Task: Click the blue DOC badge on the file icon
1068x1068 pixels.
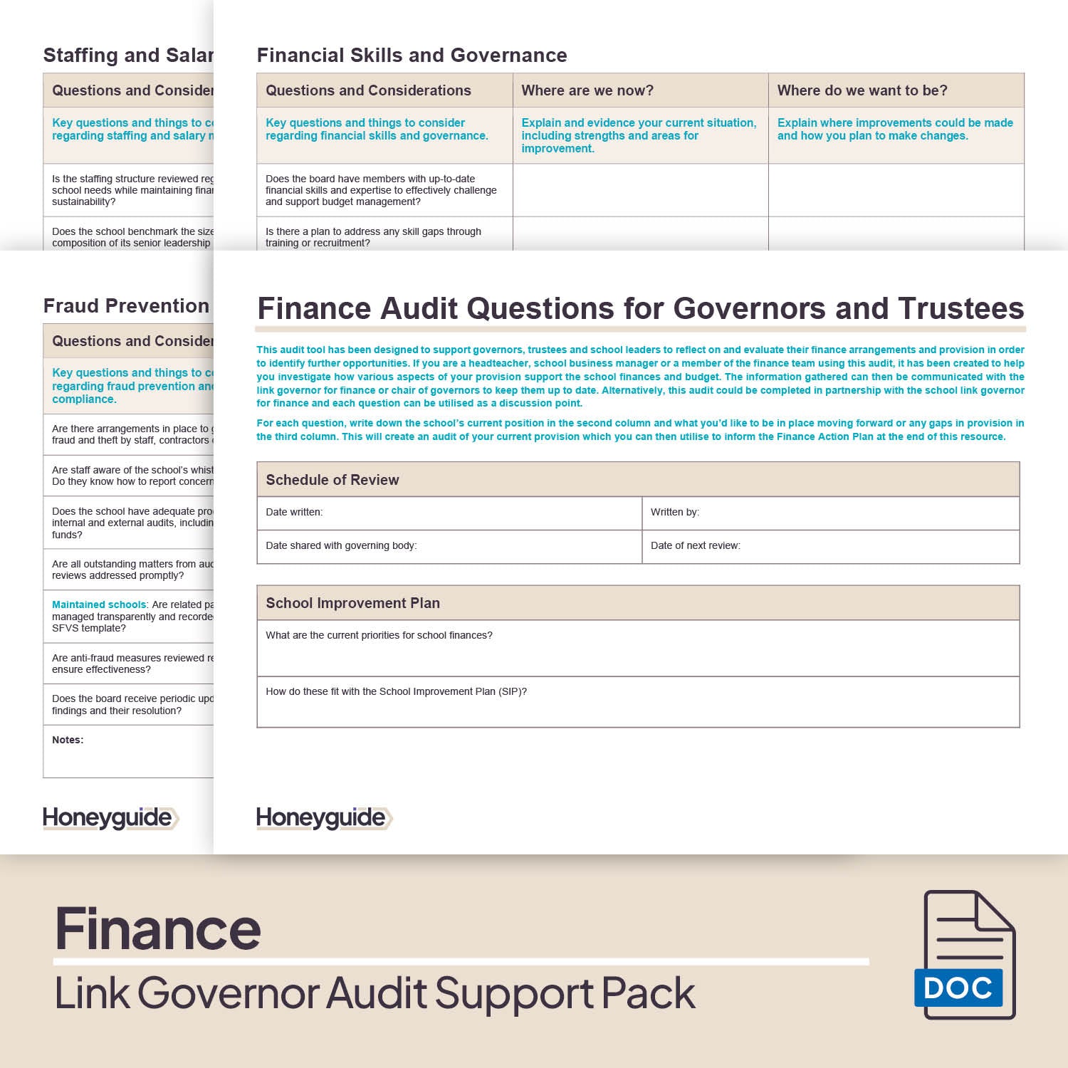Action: pyautogui.click(x=958, y=988)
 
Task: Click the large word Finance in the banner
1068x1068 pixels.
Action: pyautogui.click(x=158, y=929)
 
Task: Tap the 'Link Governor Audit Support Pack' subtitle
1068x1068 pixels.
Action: pyautogui.click(x=375, y=993)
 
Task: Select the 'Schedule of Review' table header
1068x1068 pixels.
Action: pyautogui.click(x=332, y=480)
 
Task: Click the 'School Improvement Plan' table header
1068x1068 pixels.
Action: pyautogui.click(x=352, y=603)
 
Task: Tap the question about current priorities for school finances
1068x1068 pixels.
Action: pyautogui.click(x=379, y=635)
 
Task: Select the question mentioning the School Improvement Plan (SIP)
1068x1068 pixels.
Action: pyautogui.click(x=396, y=691)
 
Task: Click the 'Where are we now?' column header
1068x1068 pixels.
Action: pyautogui.click(x=587, y=90)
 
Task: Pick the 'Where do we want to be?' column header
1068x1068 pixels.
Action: pyautogui.click(x=862, y=90)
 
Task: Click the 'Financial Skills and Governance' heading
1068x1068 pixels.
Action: pyautogui.click(x=412, y=56)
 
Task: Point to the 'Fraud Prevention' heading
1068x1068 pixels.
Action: pyautogui.click(x=126, y=306)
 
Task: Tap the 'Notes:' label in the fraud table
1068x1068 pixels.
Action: pyautogui.click(x=68, y=740)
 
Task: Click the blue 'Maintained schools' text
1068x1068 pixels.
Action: pyautogui.click(x=99, y=604)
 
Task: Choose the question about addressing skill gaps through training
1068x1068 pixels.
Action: pyautogui.click(x=373, y=237)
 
